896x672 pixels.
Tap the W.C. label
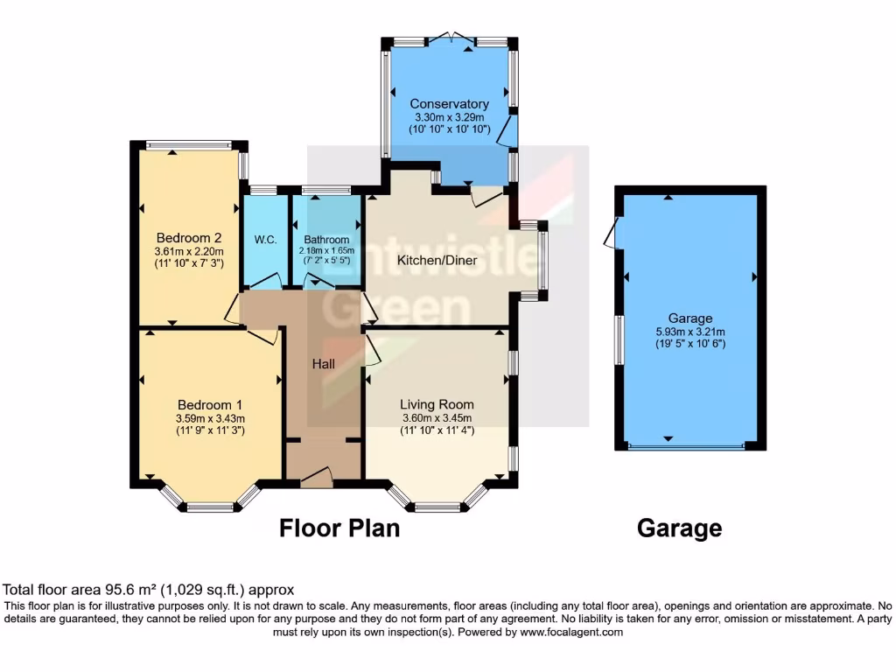(x=265, y=239)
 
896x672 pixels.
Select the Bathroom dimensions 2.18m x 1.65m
(x=326, y=251)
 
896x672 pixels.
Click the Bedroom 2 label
(x=188, y=237)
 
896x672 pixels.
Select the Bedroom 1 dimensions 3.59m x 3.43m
(x=209, y=418)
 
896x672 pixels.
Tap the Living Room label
(x=437, y=404)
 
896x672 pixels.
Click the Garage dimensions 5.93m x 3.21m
(x=689, y=332)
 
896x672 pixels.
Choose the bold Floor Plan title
(x=339, y=528)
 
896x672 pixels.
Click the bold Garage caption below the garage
(x=679, y=528)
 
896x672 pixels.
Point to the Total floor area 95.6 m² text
(x=149, y=590)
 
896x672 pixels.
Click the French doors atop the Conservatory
(x=451, y=39)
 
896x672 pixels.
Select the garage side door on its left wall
(x=612, y=233)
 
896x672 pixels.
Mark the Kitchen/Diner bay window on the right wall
(x=542, y=262)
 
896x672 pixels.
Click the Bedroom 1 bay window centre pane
(x=210, y=507)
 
